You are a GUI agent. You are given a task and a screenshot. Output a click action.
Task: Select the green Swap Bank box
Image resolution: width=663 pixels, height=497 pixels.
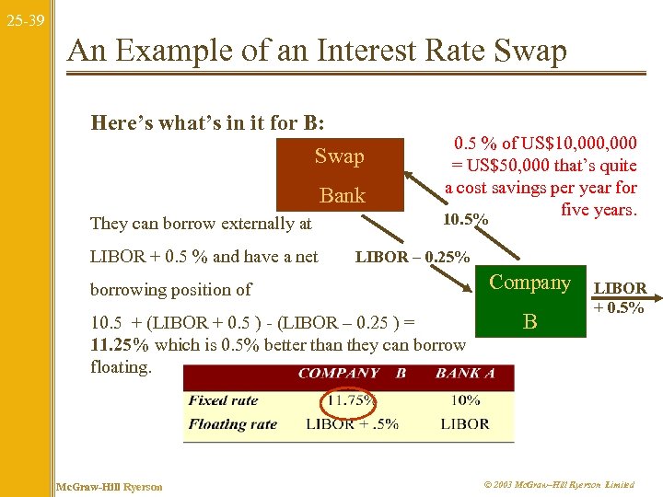[x=339, y=175]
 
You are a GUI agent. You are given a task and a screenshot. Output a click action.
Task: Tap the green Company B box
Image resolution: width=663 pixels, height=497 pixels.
[x=529, y=303]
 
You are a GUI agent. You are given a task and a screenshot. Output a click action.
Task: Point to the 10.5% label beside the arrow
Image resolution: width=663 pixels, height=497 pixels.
[x=466, y=220]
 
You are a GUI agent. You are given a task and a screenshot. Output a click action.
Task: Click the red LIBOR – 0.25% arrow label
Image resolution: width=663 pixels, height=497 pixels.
[x=413, y=257]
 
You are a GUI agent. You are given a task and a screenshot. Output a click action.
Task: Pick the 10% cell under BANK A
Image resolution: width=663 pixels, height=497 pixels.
[x=466, y=400]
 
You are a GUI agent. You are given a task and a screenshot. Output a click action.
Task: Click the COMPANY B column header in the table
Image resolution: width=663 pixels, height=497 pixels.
[x=353, y=374]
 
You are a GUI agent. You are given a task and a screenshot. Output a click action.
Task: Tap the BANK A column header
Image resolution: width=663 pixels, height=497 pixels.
[x=466, y=374]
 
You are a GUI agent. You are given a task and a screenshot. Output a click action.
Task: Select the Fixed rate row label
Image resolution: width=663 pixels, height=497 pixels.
[x=224, y=400]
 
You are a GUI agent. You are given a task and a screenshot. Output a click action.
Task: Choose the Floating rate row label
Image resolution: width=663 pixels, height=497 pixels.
[x=233, y=423]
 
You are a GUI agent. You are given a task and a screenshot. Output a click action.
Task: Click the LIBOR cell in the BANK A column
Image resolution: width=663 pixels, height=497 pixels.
[x=465, y=423]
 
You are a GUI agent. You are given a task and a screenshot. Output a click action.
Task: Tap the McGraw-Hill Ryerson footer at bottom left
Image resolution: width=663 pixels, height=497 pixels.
[x=109, y=486]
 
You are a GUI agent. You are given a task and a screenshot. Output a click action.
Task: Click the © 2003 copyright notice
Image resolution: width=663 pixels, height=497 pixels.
[x=558, y=485]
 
